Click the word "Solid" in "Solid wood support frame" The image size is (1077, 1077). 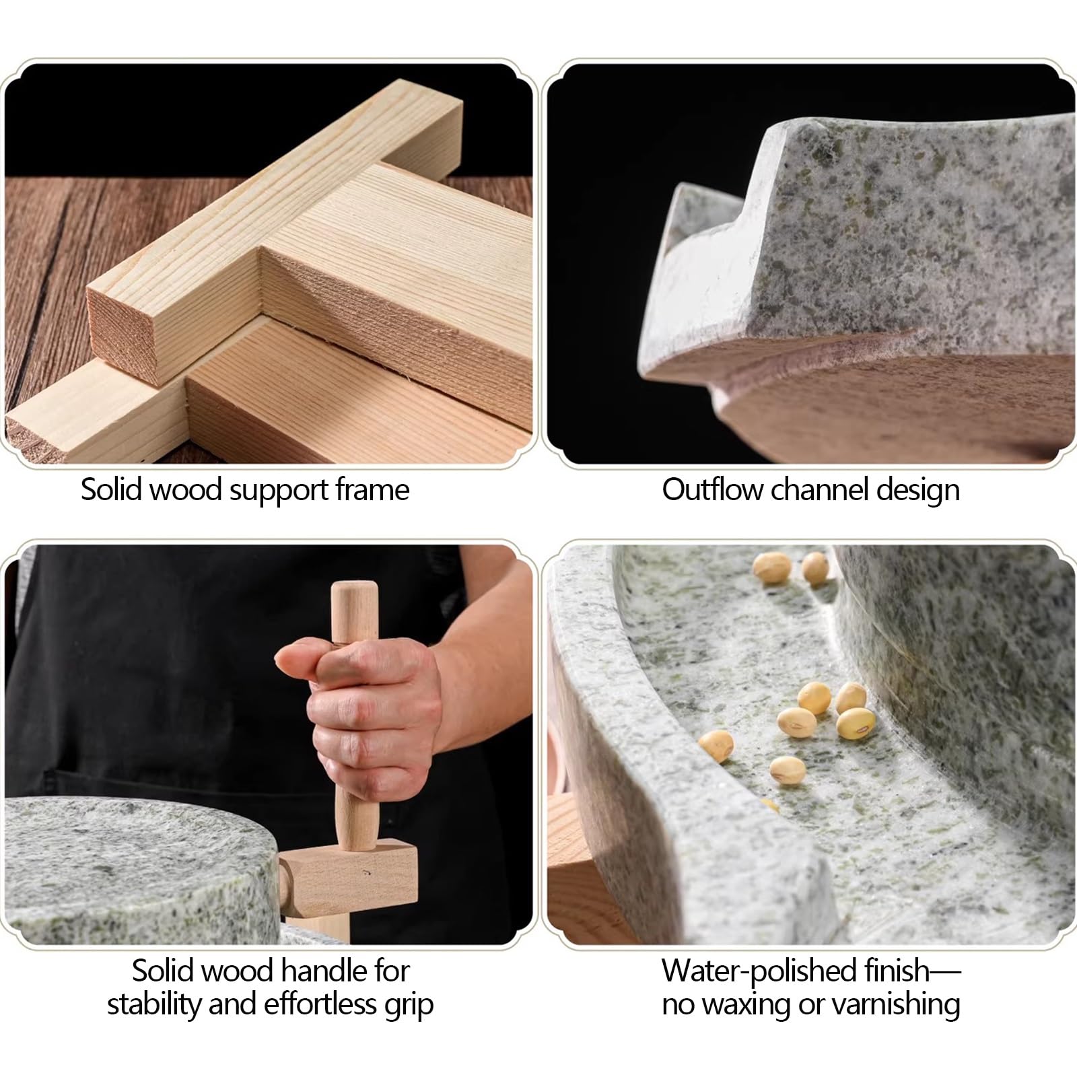coord(111,489)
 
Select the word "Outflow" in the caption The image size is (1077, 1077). coord(713,489)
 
